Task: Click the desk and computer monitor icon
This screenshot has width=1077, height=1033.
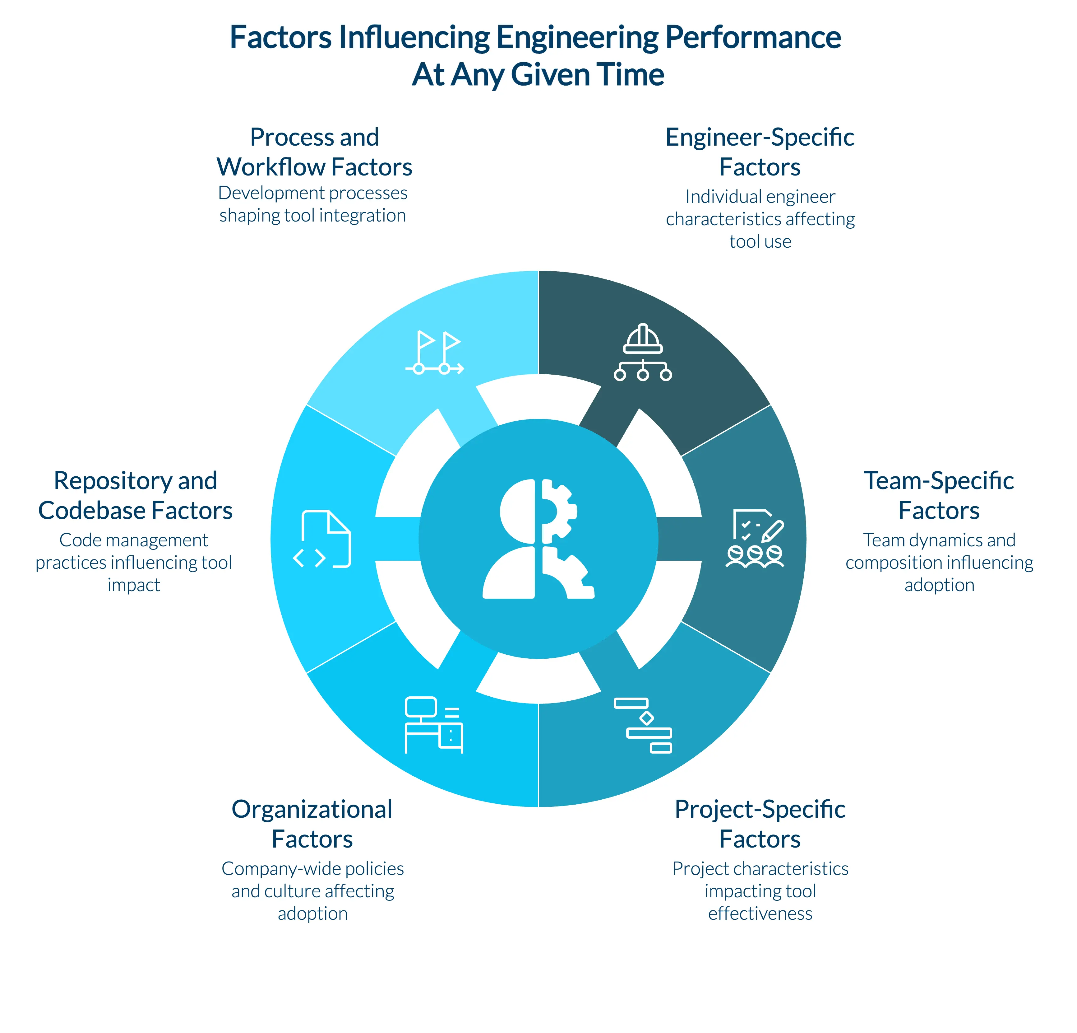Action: coord(433,725)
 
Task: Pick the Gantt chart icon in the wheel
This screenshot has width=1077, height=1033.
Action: coord(643,725)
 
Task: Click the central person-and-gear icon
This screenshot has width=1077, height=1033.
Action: coord(538,539)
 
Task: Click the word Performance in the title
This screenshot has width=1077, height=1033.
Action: coord(753,37)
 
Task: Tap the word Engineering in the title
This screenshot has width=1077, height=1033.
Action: coord(577,37)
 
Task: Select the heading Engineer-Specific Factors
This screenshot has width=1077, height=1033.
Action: coord(760,152)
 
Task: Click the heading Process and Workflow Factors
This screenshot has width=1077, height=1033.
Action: coord(314,152)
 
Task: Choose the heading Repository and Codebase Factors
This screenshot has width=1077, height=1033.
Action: coord(135,495)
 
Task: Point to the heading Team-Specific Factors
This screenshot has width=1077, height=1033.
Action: coord(939,495)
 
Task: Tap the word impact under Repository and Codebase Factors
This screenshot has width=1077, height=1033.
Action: coord(133,585)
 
